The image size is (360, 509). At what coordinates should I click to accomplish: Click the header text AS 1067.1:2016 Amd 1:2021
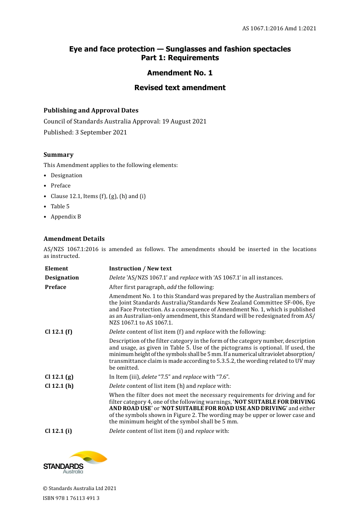(279, 28)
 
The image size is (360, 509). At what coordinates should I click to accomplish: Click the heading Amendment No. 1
(180, 73)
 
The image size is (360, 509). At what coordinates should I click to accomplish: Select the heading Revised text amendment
(180, 87)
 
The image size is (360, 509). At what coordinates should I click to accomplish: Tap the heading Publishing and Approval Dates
(91, 111)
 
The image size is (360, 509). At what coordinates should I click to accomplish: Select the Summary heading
(58, 155)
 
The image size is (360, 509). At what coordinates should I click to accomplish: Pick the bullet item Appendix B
(66, 217)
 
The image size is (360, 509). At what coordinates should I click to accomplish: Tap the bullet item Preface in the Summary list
(61, 186)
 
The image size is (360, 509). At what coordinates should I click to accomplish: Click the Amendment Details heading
(74, 239)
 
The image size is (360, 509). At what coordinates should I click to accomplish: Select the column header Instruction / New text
(140, 269)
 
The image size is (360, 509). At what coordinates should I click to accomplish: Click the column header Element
(56, 269)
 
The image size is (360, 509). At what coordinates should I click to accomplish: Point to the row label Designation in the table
(62, 278)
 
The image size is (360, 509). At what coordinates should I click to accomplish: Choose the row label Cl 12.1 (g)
(59, 377)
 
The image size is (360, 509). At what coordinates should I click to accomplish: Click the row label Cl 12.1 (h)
(59, 386)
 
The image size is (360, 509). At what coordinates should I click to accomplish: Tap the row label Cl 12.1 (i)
(58, 431)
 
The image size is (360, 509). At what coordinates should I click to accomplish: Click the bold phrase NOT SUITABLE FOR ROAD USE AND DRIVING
(224, 408)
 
